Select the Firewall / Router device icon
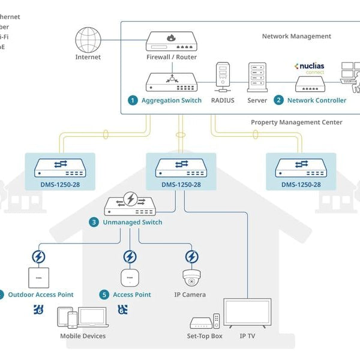point(171,41)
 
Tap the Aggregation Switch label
point(172,100)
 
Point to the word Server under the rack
point(257,100)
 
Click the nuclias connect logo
point(310,67)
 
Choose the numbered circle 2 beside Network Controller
point(278,100)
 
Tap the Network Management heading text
point(296,36)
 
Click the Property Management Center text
point(296,122)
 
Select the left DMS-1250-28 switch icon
point(59,167)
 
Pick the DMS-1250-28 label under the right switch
point(301,184)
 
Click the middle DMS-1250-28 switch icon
point(179,167)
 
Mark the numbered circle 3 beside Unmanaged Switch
point(94,222)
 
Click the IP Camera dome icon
point(191,277)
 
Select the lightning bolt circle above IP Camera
point(191,257)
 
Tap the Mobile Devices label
point(83,336)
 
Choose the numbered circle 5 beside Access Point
point(104,295)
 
